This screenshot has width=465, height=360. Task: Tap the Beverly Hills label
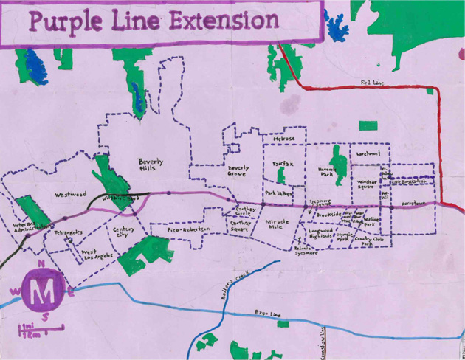(x=151, y=165)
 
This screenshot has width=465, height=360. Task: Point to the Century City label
(x=124, y=232)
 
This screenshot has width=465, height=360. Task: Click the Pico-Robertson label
(x=188, y=230)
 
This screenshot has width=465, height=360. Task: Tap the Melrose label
(x=283, y=139)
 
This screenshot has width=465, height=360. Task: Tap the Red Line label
(x=373, y=83)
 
